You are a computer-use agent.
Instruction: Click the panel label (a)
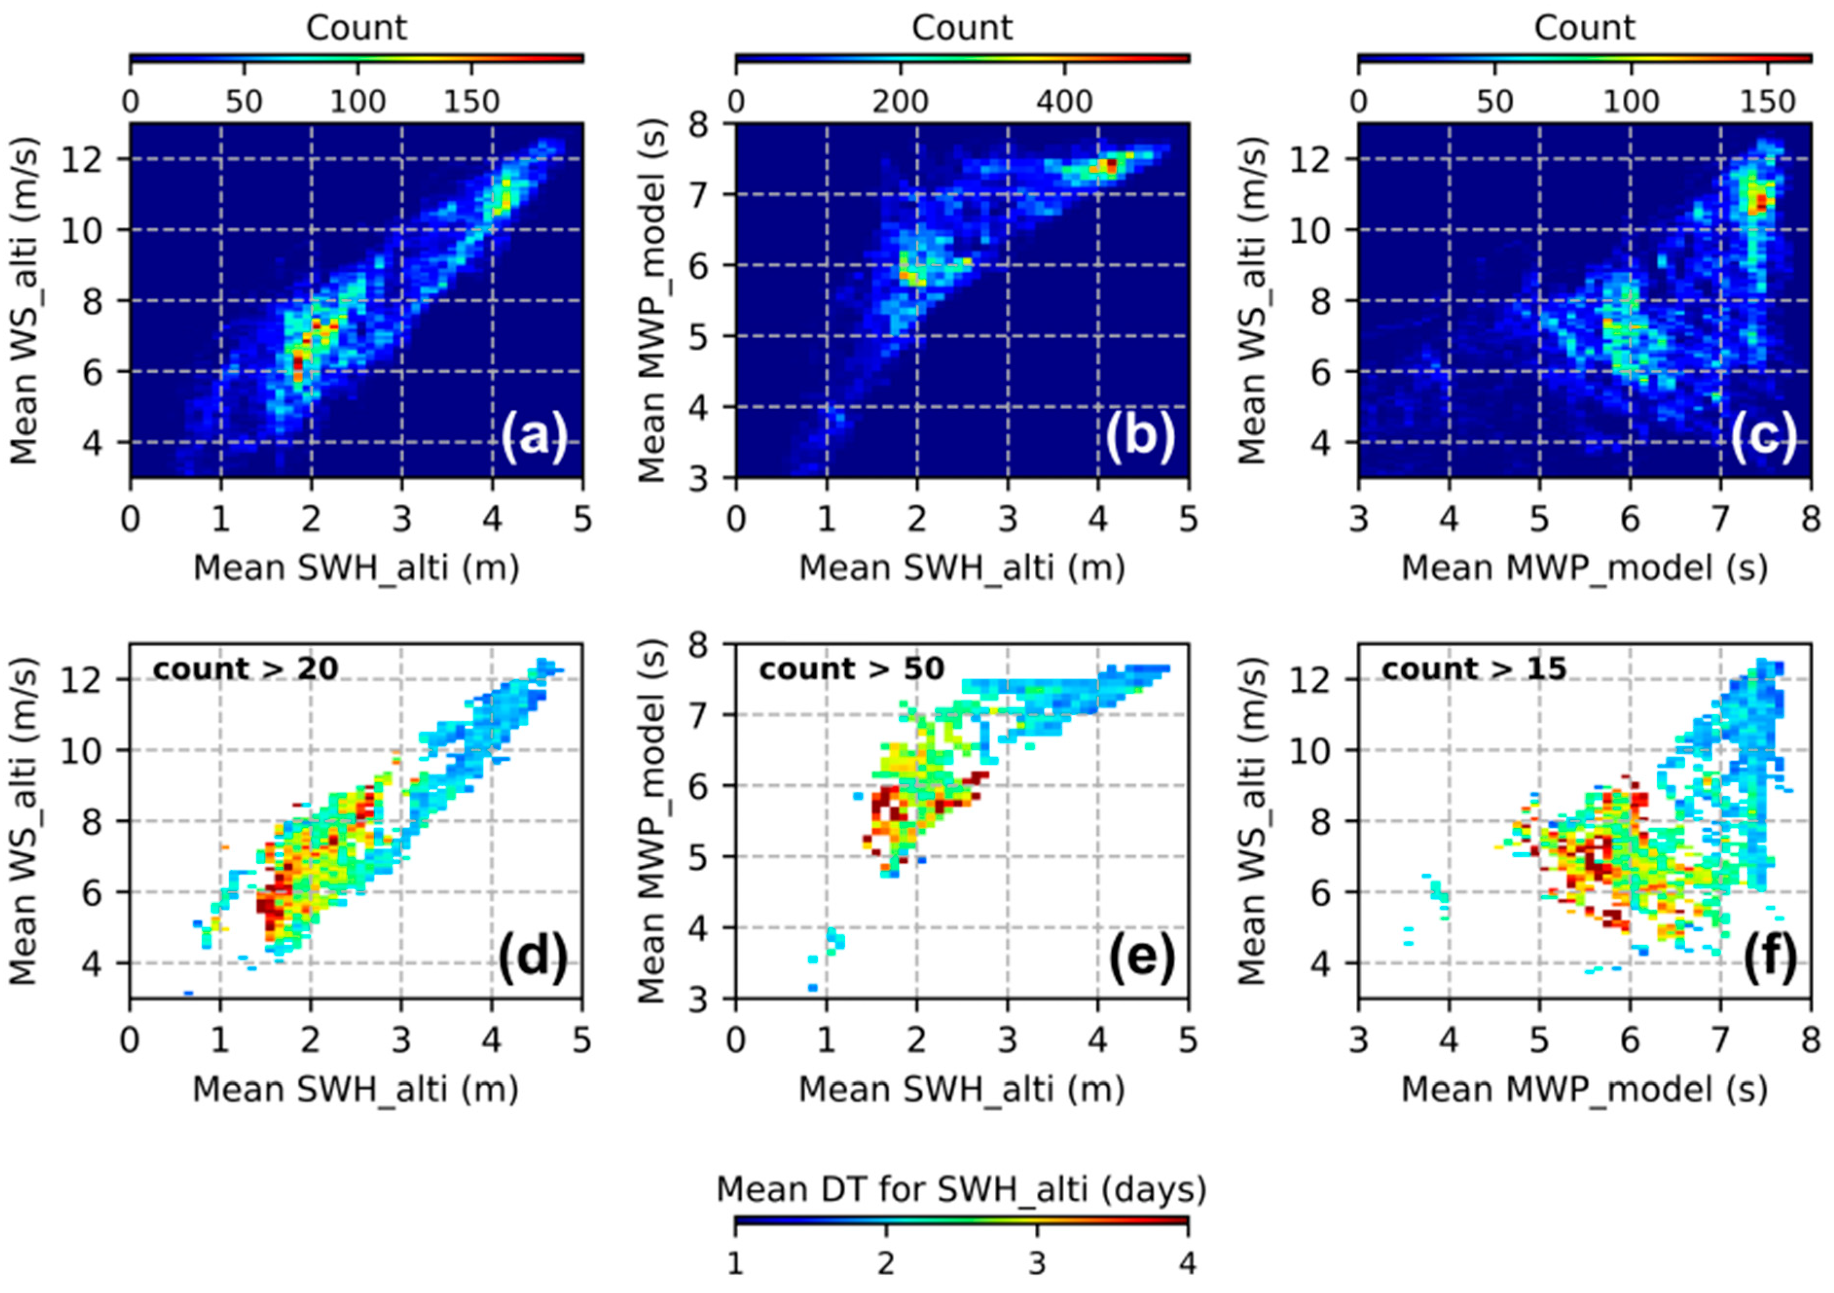pos(534,438)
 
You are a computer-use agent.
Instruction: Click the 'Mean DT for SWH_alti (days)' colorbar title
pos(961,1189)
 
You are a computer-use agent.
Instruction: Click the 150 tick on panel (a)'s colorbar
pos(472,102)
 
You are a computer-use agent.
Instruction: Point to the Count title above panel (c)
pos(1584,28)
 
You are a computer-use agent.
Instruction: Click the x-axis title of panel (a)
pos(356,568)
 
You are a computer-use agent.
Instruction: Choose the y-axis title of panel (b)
pos(653,300)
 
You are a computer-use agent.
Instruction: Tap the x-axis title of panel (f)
pos(1584,1089)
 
